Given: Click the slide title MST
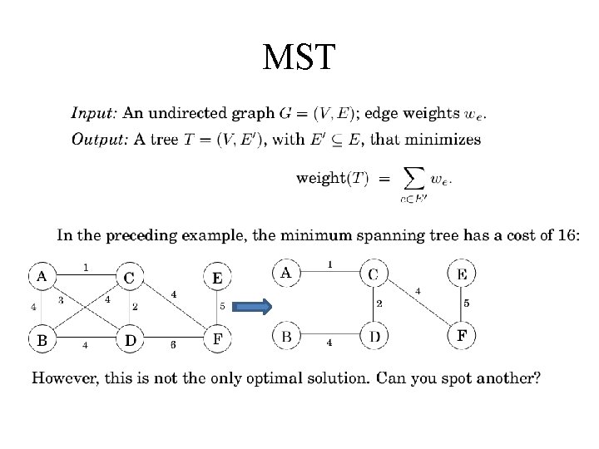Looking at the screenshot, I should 299,57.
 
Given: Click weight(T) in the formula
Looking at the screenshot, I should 333,178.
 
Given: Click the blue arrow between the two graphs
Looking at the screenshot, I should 253,306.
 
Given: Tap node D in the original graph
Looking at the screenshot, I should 131,339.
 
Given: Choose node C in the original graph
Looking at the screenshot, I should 130,277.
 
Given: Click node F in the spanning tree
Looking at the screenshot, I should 462,336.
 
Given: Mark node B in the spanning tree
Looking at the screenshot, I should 286,337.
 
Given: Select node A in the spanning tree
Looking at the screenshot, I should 286,273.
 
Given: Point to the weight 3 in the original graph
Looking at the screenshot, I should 60,300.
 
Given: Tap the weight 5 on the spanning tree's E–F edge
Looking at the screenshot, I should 466,303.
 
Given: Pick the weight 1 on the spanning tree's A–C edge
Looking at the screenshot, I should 329,264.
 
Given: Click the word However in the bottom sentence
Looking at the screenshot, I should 63,378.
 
